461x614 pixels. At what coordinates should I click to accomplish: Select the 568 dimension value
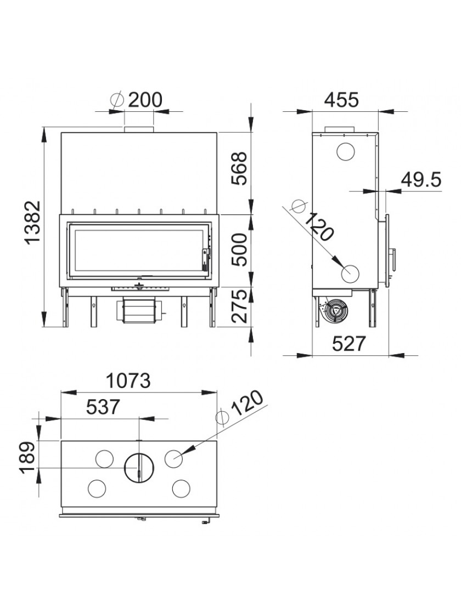(239, 169)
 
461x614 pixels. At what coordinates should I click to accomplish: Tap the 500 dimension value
(239, 250)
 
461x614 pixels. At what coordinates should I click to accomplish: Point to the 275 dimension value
(239, 306)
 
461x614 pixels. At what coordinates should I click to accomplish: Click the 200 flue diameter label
(145, 100)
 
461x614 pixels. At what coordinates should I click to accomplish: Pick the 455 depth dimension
(341, 100)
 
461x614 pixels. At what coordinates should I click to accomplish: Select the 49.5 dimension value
(421, 180)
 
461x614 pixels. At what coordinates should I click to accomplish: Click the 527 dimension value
(349, 344)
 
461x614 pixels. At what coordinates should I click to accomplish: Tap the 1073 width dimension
(128, 380)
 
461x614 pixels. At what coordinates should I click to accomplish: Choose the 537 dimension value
(103, 407)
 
